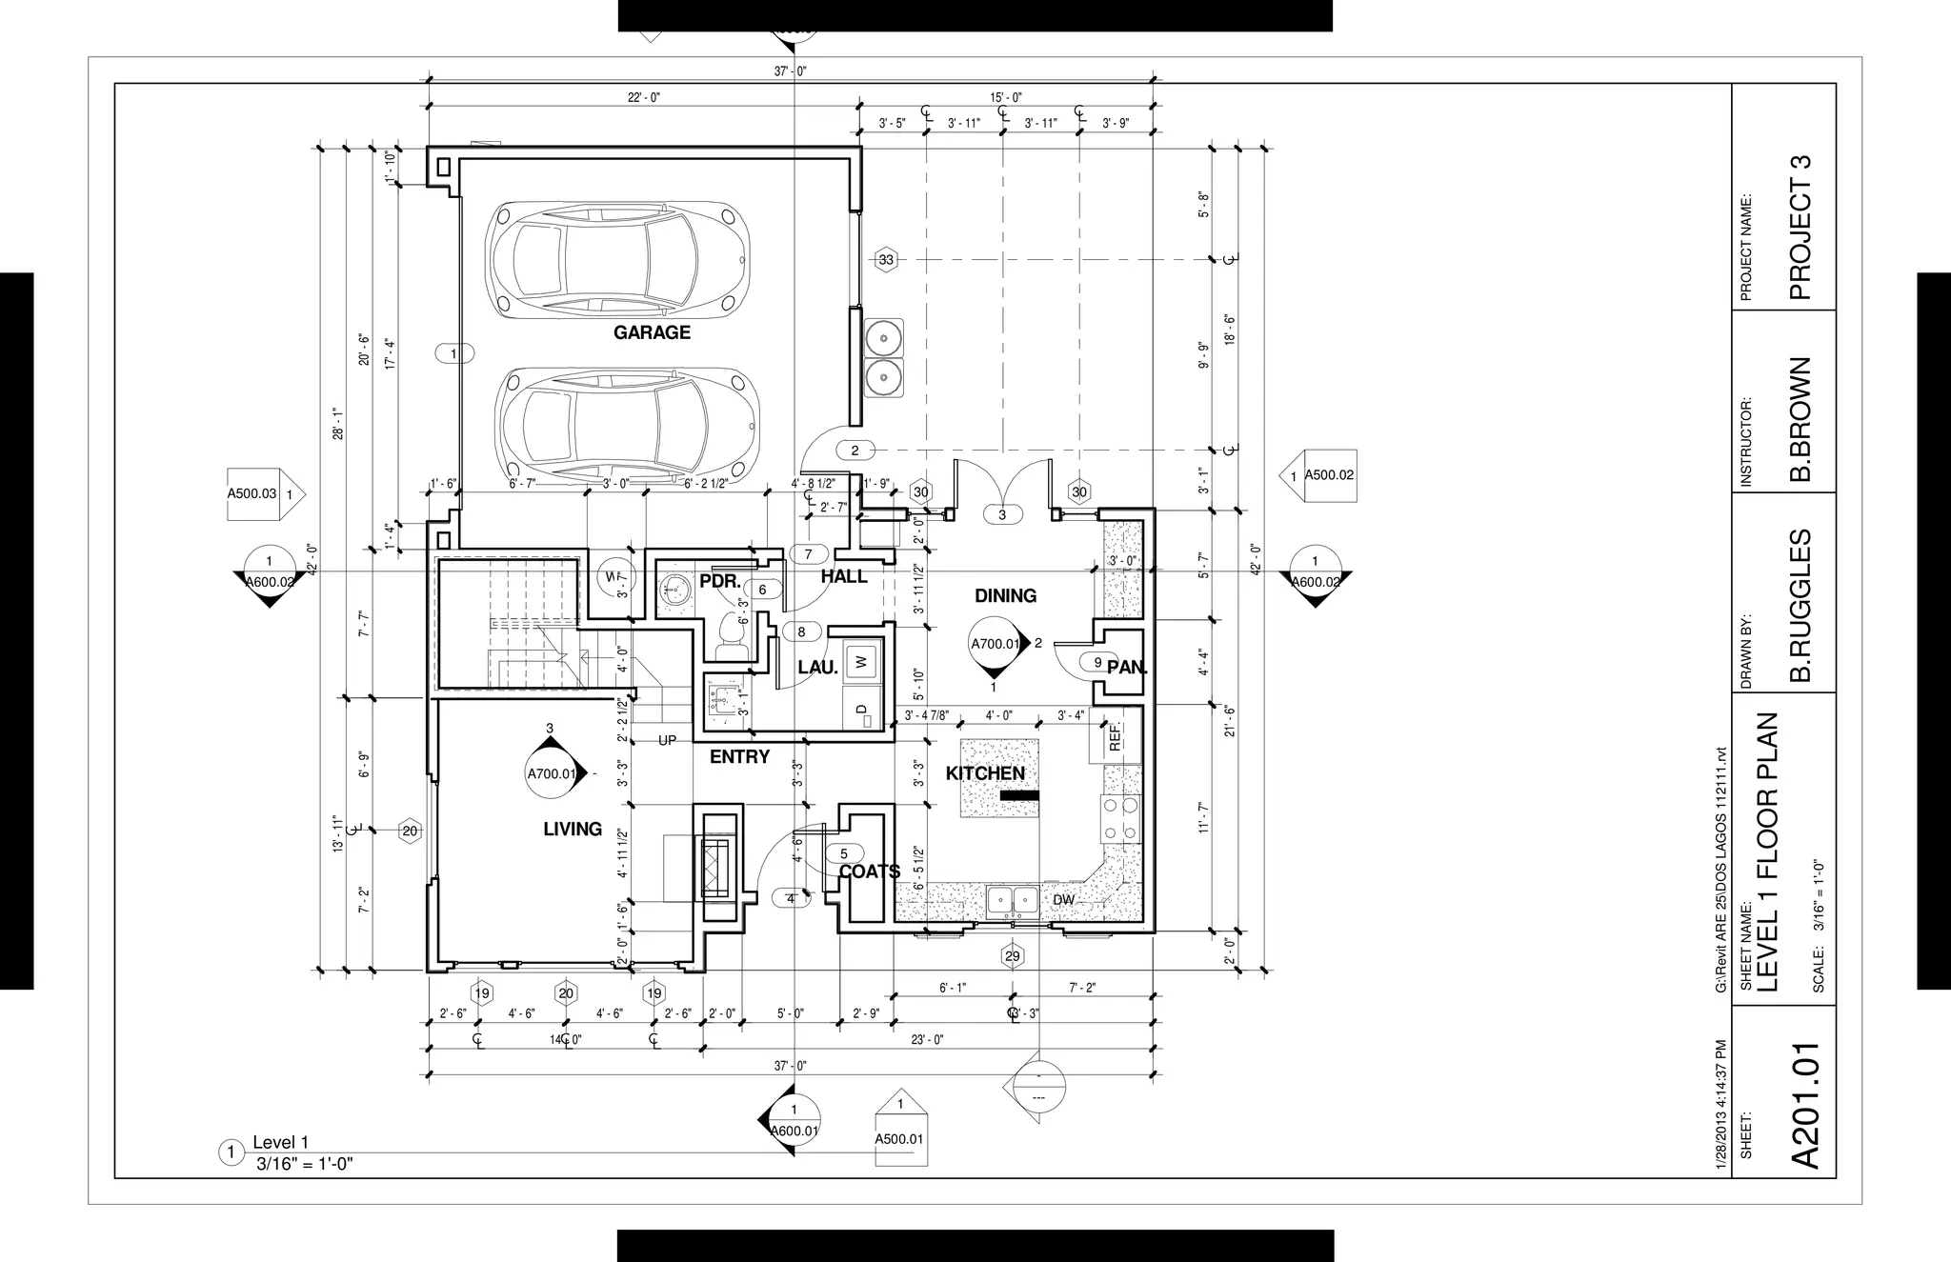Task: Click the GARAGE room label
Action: [x=652, y=332]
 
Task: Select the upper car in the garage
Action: [x=616, y=259]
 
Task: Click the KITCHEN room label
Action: [x=985, y=773]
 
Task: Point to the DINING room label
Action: [x=1005, y=595]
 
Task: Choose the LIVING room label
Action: [x=573, y=829]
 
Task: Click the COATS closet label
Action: [x=869, y=871]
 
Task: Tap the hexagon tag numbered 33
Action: [x=887, y=259]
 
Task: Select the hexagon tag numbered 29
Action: [x=1012, y=956]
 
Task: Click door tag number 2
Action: [x=855, y=451]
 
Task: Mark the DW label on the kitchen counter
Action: [x=1063, y=900]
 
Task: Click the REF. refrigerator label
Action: [x=1116, y=737]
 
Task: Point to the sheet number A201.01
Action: [x=1806, y=1105]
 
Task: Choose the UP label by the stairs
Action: [x=667, y=740]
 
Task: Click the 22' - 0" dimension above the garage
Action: [x=644, y=98]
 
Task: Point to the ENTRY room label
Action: [x=739, y=757]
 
